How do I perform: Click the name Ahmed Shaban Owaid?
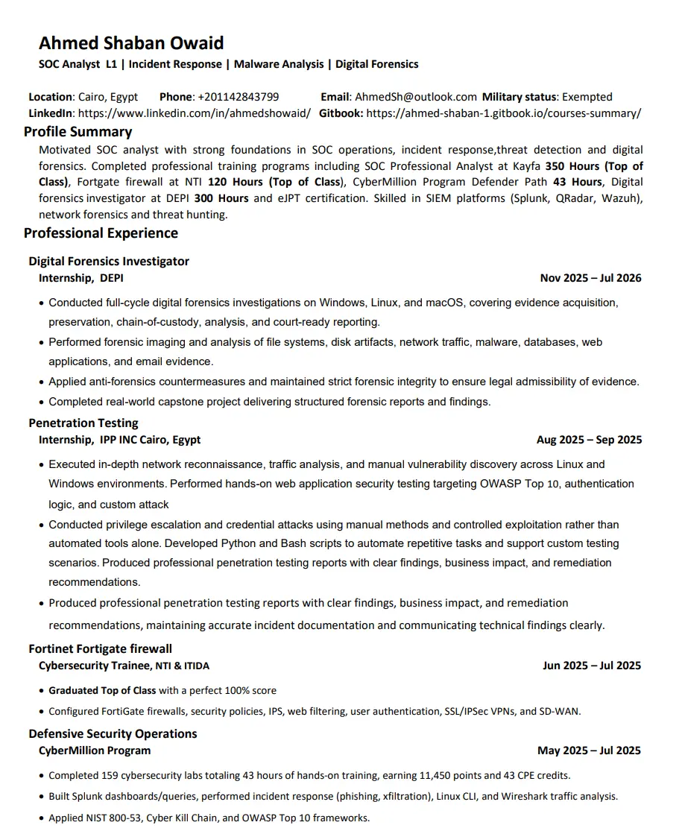click(x=131, y=43)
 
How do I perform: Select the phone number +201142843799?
click(x=239, y=97)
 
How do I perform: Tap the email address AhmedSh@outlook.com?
click(x=416, y=97)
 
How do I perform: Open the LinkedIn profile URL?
click(x=195, y=113)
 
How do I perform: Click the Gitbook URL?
click(x=504, y=113)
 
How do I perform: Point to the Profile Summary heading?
click(x=78, y=132)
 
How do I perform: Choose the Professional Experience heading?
click(x=101, y=233)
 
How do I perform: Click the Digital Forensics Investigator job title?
click(x=109, y=262)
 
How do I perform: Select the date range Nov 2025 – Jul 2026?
click(x=590, y=278)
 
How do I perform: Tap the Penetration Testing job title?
click(x=83, y=423)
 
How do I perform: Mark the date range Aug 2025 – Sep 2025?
click(x=589, y=440)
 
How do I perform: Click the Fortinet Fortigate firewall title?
click(x=101, y=649)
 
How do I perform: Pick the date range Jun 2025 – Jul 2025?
click(x=592, y=666)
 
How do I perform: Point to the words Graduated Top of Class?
click(x=102, y=691)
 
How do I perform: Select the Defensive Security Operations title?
click(x=113, y=734)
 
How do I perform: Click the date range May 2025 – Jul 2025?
click(x=589, y=751)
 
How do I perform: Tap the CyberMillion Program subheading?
click(x=95, y=751)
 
